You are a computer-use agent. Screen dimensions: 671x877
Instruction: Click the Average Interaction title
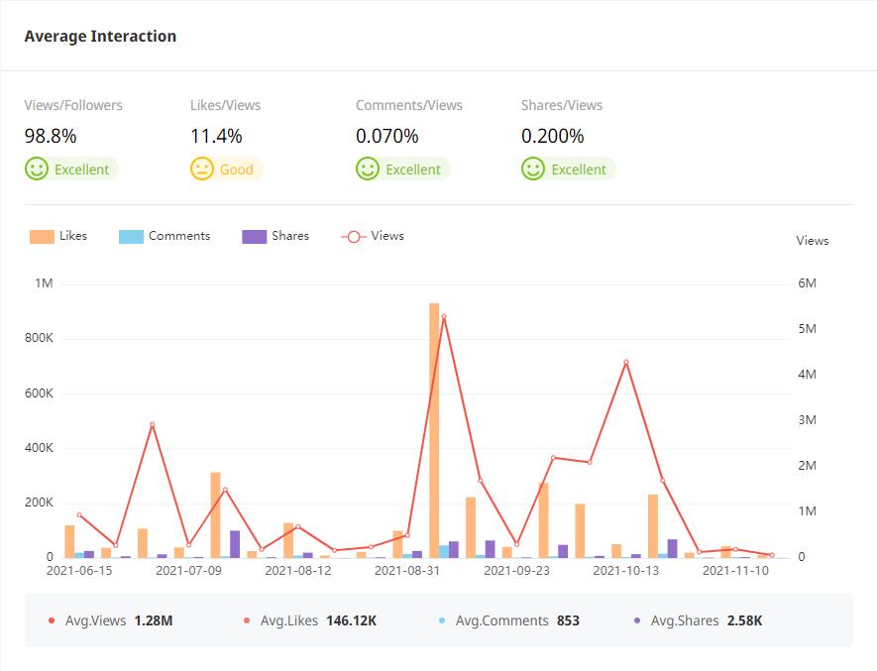[100, 37]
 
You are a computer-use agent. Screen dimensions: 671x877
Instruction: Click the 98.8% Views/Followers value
[51, 137]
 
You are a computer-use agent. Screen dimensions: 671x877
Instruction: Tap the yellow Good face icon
[202, 168]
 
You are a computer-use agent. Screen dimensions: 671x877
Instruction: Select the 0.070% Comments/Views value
[387, 137]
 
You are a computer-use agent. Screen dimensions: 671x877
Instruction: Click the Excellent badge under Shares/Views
[568, 169]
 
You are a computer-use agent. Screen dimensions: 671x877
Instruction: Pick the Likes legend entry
[58, 236]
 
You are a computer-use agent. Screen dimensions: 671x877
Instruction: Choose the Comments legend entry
[164, 236]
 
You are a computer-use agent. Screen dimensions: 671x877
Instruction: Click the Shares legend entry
[275, 236]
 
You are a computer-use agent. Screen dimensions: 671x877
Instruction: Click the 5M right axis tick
[807, 329]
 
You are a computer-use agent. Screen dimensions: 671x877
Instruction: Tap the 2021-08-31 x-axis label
[407, 571]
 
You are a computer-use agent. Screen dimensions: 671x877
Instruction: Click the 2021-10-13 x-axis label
[625, 571]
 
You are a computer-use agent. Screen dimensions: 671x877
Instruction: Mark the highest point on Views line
[443, 316]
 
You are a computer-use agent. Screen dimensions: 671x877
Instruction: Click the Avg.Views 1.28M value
[154, 620]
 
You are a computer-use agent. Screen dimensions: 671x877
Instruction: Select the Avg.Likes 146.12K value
[351, 620]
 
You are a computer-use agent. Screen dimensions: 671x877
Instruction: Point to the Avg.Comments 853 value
[568, 620]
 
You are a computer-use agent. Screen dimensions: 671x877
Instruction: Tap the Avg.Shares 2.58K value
[744, 620]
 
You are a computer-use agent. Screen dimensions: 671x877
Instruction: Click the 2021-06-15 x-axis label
[80, 571]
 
